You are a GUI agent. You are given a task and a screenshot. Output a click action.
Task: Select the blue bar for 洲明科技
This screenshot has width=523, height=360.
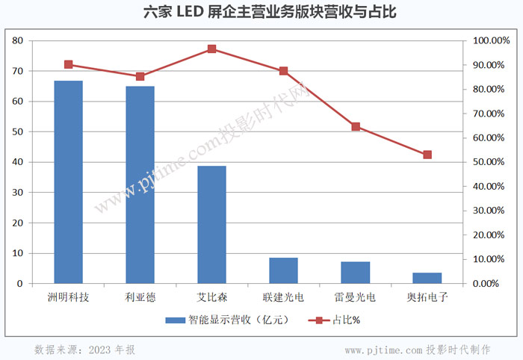click(69, 182)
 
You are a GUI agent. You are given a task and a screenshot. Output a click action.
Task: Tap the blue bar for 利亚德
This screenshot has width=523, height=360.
click(140, 185)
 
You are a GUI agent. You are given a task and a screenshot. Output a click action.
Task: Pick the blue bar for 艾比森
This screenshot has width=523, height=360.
click(211, 225)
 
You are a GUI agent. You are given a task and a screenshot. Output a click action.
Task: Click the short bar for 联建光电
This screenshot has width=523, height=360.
click(283, 271)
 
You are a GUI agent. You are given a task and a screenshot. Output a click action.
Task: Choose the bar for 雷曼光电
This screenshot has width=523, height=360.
click(356, 273)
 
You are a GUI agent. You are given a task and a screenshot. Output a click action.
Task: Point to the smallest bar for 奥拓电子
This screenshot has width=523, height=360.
click(427, 279)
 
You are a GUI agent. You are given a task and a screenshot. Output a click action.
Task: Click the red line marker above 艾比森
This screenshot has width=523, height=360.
click(212, 49)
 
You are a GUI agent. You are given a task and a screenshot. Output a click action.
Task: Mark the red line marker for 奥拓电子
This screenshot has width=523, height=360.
click(427, 155)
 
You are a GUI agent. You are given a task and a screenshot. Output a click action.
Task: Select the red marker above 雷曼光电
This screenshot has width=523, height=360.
click(356, 127)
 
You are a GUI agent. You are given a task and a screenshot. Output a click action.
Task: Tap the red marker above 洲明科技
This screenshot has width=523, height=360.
click(69, 64)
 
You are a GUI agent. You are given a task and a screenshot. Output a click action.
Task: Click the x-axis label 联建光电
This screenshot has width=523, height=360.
click(283, 297)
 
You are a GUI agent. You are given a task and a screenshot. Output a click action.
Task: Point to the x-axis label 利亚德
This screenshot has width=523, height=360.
click(140, 297)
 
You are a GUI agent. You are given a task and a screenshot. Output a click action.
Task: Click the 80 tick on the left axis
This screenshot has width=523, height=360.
click(18, 40)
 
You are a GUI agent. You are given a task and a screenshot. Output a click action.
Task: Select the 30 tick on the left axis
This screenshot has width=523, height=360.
click(18, 193)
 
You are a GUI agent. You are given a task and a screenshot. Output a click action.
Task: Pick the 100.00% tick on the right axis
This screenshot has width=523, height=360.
click(490, 40)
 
